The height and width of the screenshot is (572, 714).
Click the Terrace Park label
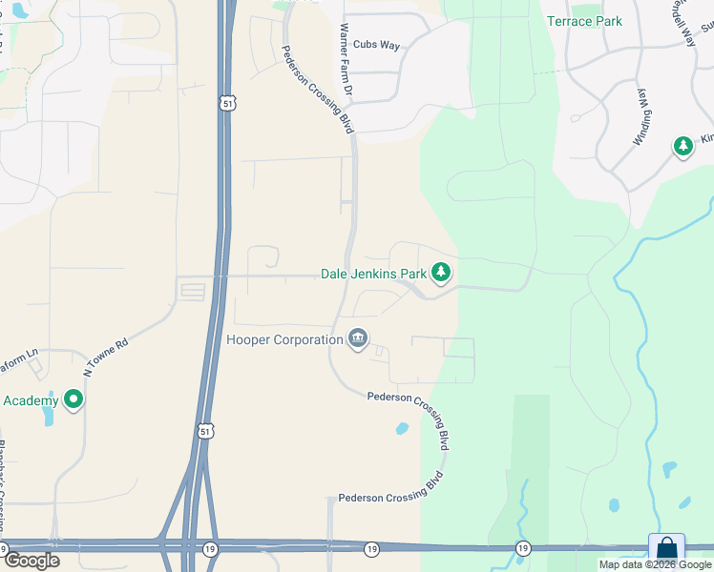click(584, 21)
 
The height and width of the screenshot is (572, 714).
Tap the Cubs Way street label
click(376, 45)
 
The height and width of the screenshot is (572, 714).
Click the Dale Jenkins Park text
click(372, 274)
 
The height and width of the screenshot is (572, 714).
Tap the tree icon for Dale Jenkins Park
click(440, 274)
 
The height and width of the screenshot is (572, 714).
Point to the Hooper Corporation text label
click(284, 339)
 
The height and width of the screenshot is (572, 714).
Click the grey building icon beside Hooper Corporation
click(358, 339)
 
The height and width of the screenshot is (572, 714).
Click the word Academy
click(31, 399)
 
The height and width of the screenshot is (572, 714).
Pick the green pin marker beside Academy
click(73, 399)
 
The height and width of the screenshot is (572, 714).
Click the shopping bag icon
click(666, 550)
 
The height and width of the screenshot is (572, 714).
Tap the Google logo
click(31, 560)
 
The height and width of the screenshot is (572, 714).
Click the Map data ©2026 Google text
click(654, 564)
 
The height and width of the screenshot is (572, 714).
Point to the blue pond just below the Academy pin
click(50, 418)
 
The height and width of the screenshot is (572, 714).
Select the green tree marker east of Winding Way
click(682, 147)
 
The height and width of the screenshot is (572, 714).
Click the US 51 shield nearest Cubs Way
click(226, 104)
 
